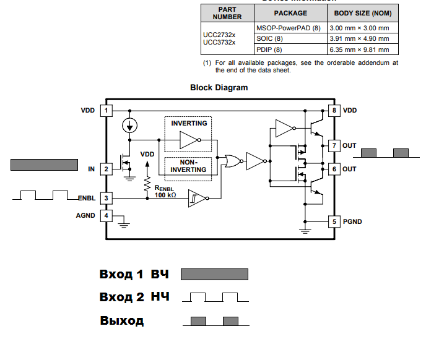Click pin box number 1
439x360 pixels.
[106, 111]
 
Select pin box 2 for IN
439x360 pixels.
[106, 169]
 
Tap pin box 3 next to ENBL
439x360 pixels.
[106, 198]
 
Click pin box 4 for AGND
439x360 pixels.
[106, 216]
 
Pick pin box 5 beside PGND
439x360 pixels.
[334, 221]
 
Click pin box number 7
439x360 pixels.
[334, 146]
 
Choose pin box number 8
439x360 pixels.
[334, 111]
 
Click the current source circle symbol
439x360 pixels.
[129, 126]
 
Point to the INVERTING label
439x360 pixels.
[189, 123]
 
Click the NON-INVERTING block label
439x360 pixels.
[188, 166]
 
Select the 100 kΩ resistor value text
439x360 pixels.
[165, 195]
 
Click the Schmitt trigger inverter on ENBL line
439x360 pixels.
[198, 199]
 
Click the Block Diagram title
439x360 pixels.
[219, 88]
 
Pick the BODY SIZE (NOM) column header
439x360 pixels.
[363, 13]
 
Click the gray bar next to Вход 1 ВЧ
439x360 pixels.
[214, 275]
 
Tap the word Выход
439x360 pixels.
[122, 320]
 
